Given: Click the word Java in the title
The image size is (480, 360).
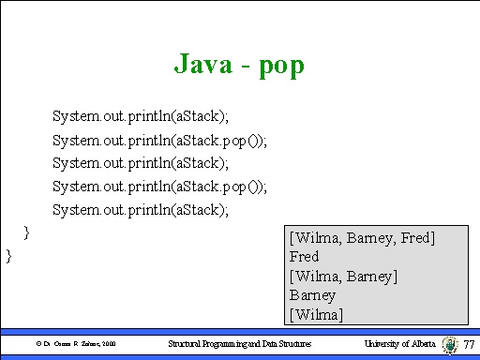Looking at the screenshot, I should pos(201,65).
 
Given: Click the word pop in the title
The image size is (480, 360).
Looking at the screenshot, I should pos(281,67).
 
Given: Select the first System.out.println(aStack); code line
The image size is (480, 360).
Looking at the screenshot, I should pos(141,116).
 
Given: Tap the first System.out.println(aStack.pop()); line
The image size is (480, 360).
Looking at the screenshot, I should pos(159,140).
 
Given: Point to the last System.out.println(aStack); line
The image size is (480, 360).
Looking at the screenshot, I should pos(141,209).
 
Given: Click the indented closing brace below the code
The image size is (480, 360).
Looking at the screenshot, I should pos(27,230).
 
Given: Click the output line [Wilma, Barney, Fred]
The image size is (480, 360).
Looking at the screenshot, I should pos(363,238).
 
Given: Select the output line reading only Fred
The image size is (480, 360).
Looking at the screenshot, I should pos(305,256).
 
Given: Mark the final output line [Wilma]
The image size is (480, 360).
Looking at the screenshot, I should pos(317,312).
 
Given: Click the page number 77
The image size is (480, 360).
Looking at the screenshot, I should pos(470,345).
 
